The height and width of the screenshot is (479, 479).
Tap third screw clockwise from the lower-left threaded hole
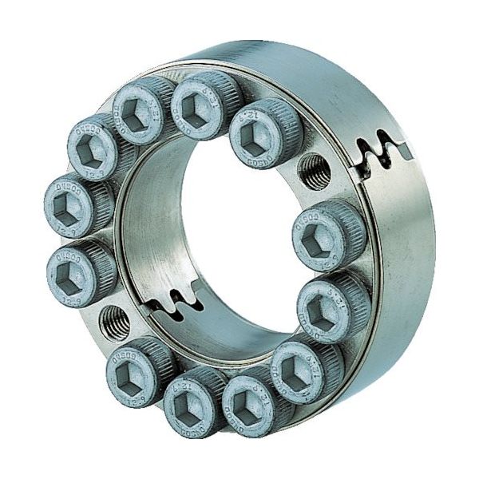pos(104,144)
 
